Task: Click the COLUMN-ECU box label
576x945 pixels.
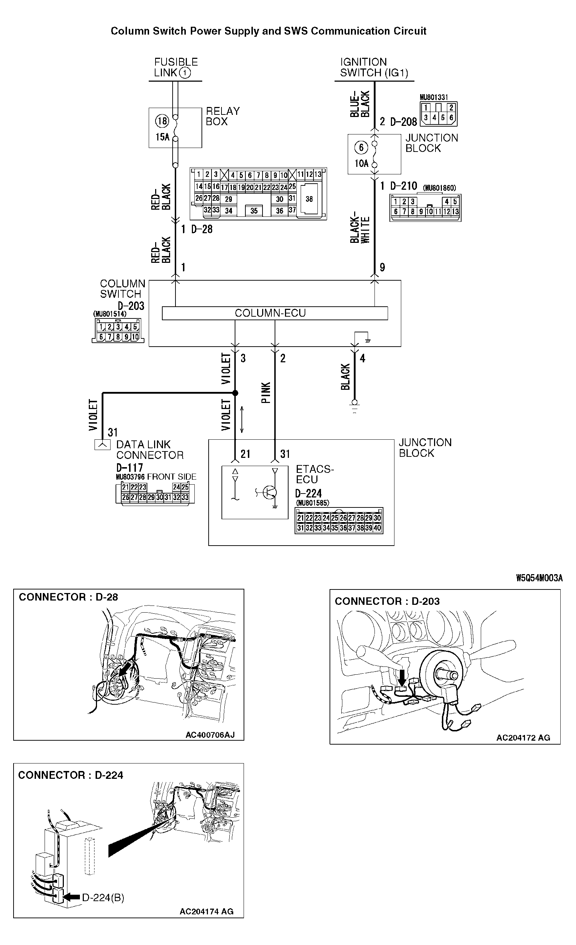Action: [270, 313]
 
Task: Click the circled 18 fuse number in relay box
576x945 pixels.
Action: [162, 121]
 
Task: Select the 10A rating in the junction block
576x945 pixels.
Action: [361, 163]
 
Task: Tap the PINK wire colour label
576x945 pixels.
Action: [266, 392]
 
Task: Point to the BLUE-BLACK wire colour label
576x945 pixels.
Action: [360, 103]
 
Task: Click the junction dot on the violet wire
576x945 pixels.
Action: [235, 393]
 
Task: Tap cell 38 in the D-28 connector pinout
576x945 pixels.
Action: [309, 199]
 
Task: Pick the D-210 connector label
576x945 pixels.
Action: [403, 186]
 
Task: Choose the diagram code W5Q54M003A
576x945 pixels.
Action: [539, 578]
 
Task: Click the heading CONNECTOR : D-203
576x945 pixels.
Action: [387, 601]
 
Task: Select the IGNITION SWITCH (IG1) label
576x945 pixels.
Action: [373, 67]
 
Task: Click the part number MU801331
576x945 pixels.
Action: [433, 97]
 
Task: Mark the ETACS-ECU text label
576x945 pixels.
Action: [315, 474]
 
